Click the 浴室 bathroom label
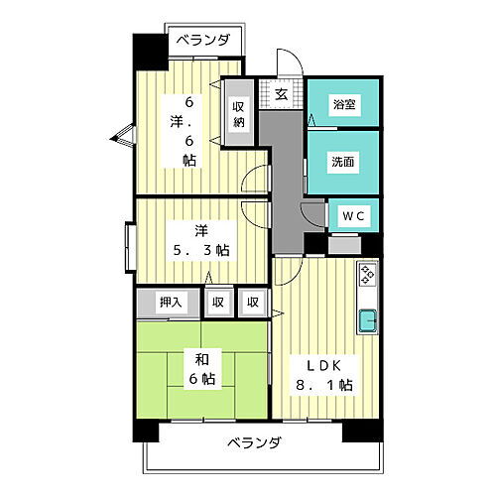342,101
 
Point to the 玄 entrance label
281,95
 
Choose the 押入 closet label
171,302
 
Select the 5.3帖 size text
199,250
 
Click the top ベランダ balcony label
204,41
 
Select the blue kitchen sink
366,320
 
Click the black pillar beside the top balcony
149,51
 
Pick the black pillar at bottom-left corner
147,431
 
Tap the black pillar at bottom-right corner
356,431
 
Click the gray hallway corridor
287,169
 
